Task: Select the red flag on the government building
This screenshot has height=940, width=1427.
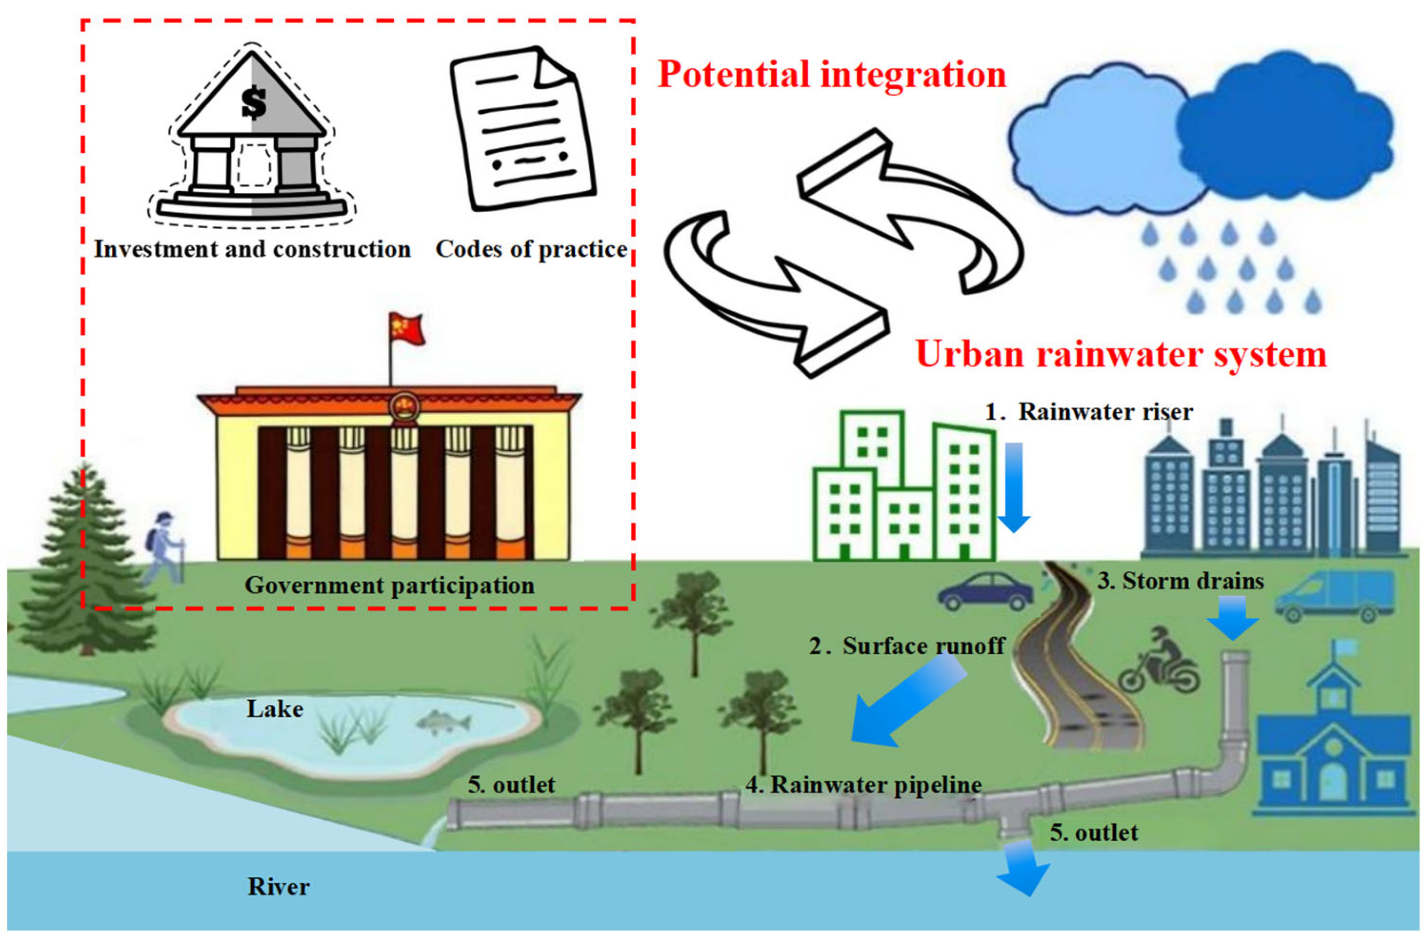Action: [x=407, y=328]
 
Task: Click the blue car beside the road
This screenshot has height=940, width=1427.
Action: [x=985, y=591]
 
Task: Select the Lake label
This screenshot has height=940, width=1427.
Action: [x=275, y=709]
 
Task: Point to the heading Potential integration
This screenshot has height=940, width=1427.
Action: [x=831, y=75]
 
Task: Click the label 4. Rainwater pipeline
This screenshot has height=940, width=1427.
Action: [x=863, y=785]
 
